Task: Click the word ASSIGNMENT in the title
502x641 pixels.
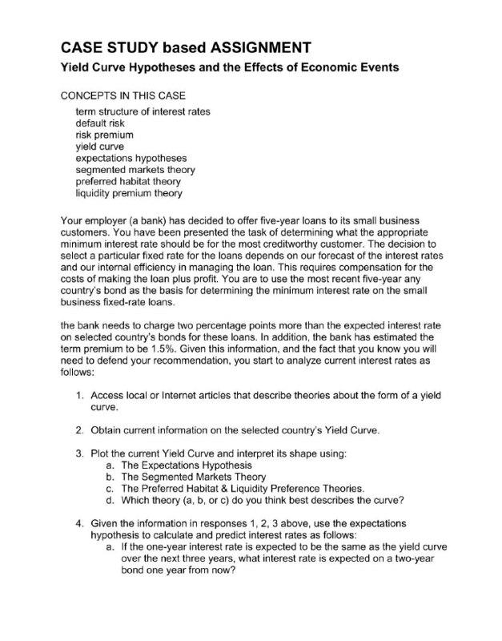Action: [244, 45]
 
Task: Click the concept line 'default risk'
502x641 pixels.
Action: [100, 123]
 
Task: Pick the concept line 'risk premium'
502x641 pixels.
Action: [104, 135]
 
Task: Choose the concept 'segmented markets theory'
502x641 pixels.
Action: [135, 170]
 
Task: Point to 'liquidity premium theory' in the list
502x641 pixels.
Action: [129, 193]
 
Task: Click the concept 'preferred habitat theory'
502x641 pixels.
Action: [128, 181]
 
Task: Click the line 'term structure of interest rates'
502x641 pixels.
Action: [143, 112]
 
